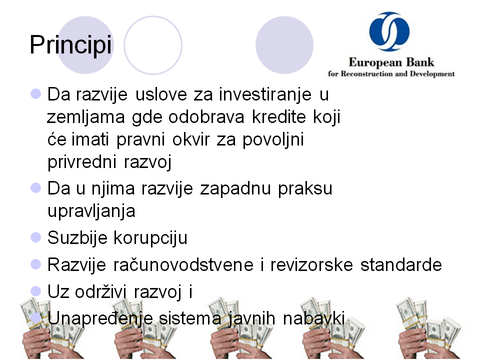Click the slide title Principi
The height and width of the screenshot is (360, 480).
pos(70,45)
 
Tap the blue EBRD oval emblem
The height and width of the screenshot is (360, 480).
pos(389,31)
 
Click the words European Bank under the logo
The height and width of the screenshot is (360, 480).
pos(391,62)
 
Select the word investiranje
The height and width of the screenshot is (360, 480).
pos(265,94)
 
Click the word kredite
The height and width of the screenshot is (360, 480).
pos(279,116)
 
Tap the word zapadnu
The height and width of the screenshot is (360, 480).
pos(235,188)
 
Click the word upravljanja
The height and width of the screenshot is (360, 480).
pos(91,211)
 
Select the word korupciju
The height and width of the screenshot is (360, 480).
pos(150,238)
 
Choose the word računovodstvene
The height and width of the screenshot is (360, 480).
pos(183,265)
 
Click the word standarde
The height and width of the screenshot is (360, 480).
pos(401,265)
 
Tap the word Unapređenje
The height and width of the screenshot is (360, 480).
pos(100,318)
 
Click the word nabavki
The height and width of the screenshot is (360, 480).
pos(314,318)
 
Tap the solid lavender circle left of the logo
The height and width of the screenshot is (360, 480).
pos(284,45)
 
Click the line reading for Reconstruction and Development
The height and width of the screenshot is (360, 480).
pos(391,74)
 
